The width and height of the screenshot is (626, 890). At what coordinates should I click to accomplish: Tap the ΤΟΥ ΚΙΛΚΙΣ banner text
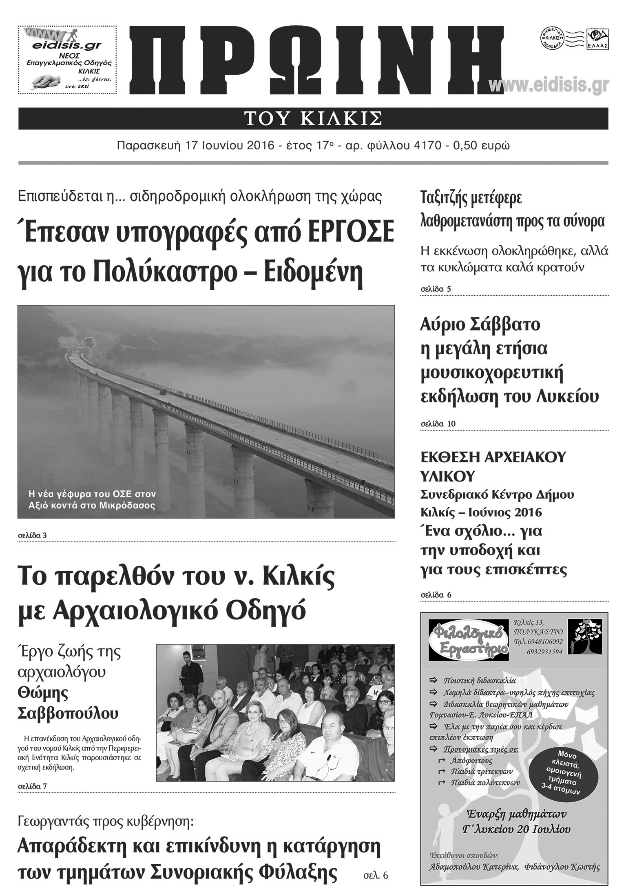[x=313, y=118]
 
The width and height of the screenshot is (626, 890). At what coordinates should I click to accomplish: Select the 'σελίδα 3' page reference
[x=32, y=535]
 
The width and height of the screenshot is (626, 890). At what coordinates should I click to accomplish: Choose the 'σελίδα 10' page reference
[x=438, y=424]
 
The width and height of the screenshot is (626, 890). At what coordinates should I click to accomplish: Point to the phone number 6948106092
[x=544, y=641]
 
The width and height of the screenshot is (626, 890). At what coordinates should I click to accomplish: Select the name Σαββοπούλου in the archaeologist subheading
[x=68, y=713]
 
